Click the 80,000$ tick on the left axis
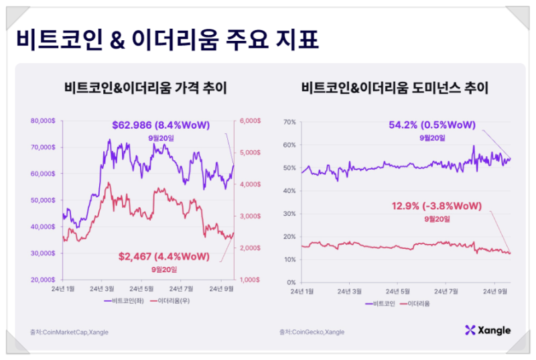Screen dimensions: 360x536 click(44, 121)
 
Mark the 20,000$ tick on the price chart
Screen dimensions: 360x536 click(44, 280)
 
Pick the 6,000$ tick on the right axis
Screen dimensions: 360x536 click(251, 121)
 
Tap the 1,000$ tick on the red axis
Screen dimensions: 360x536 click(251, 280)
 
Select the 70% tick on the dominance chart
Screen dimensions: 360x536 click(289, 122)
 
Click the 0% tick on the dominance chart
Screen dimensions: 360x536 click(291, 282)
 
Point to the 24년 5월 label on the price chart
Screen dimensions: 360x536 click(144, 289)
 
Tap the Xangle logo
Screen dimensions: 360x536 click(488, 329)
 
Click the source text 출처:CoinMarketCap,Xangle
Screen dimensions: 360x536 click(69, 332)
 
